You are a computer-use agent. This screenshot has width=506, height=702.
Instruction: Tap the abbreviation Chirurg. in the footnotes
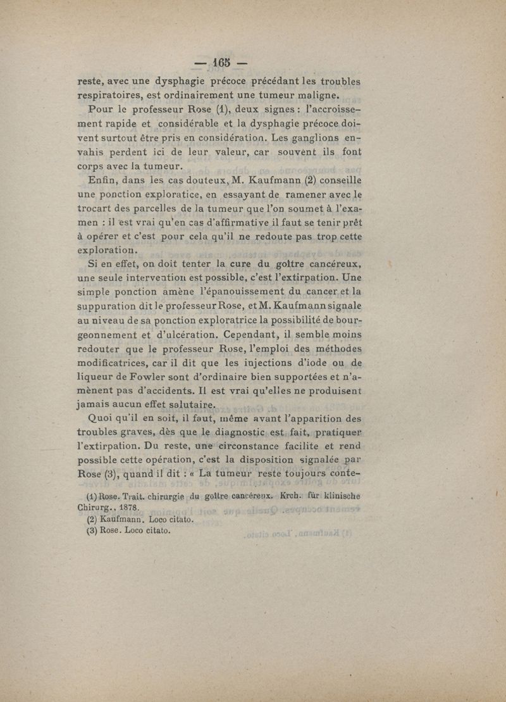pos(94,507)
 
